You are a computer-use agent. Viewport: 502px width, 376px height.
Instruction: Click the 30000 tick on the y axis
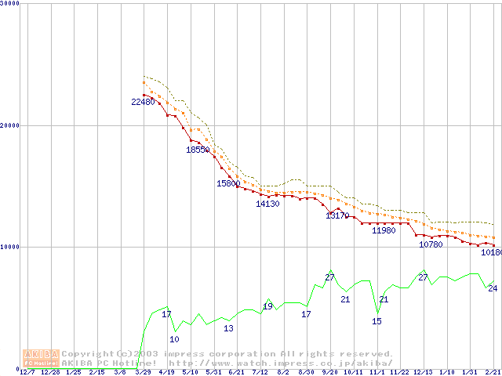[10, 4]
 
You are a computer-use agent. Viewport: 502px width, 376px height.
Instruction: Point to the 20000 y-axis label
[10, 125]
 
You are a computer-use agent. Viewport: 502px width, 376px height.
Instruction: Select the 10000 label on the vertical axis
[10, 247]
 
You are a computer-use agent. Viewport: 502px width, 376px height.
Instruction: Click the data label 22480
[144, 102]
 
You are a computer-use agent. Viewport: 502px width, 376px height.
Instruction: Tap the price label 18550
[198, 150]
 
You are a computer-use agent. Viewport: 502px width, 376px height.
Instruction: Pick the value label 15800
[228, 183]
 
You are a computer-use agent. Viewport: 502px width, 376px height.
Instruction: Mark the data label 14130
[267, 204]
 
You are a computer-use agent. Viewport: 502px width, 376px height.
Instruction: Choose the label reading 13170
[337, 215]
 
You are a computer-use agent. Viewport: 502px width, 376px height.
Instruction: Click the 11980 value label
[384, 230]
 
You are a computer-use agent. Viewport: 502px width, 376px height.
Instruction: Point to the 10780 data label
[431, 244]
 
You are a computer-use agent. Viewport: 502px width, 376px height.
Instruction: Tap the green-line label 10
[174, 339]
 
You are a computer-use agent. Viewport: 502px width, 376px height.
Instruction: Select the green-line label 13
[228, 328]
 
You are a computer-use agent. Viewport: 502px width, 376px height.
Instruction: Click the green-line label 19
[267, 306]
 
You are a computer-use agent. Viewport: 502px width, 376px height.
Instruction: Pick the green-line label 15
[376, 321]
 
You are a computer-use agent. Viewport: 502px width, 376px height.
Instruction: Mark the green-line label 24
[493, 288]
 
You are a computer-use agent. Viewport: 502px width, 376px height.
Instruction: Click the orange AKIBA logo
[42, 358]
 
